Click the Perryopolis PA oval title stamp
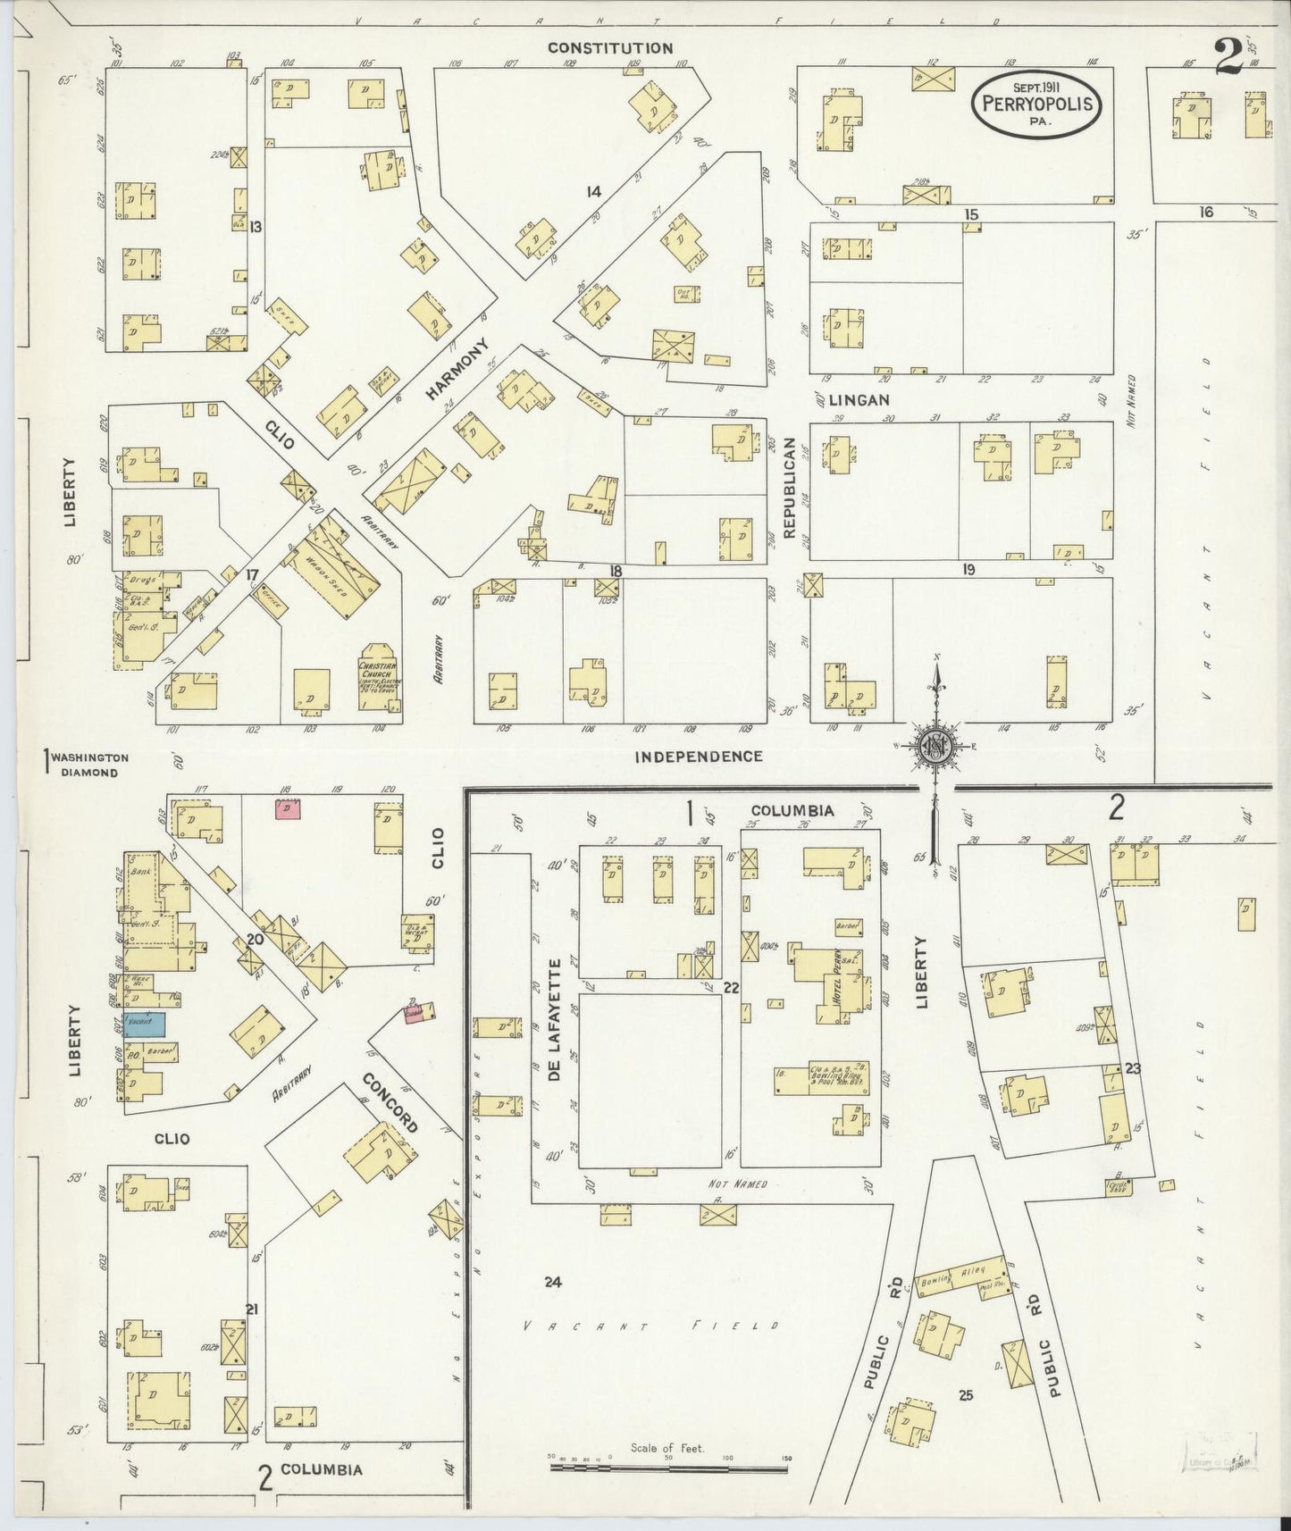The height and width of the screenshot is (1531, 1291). click(1037, 105)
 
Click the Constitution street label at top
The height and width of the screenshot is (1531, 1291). click(609, 48)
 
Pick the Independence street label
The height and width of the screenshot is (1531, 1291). click(698, 757)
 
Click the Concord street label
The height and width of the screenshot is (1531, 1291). click(390, 1103)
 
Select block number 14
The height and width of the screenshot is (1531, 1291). click(593, 191)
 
